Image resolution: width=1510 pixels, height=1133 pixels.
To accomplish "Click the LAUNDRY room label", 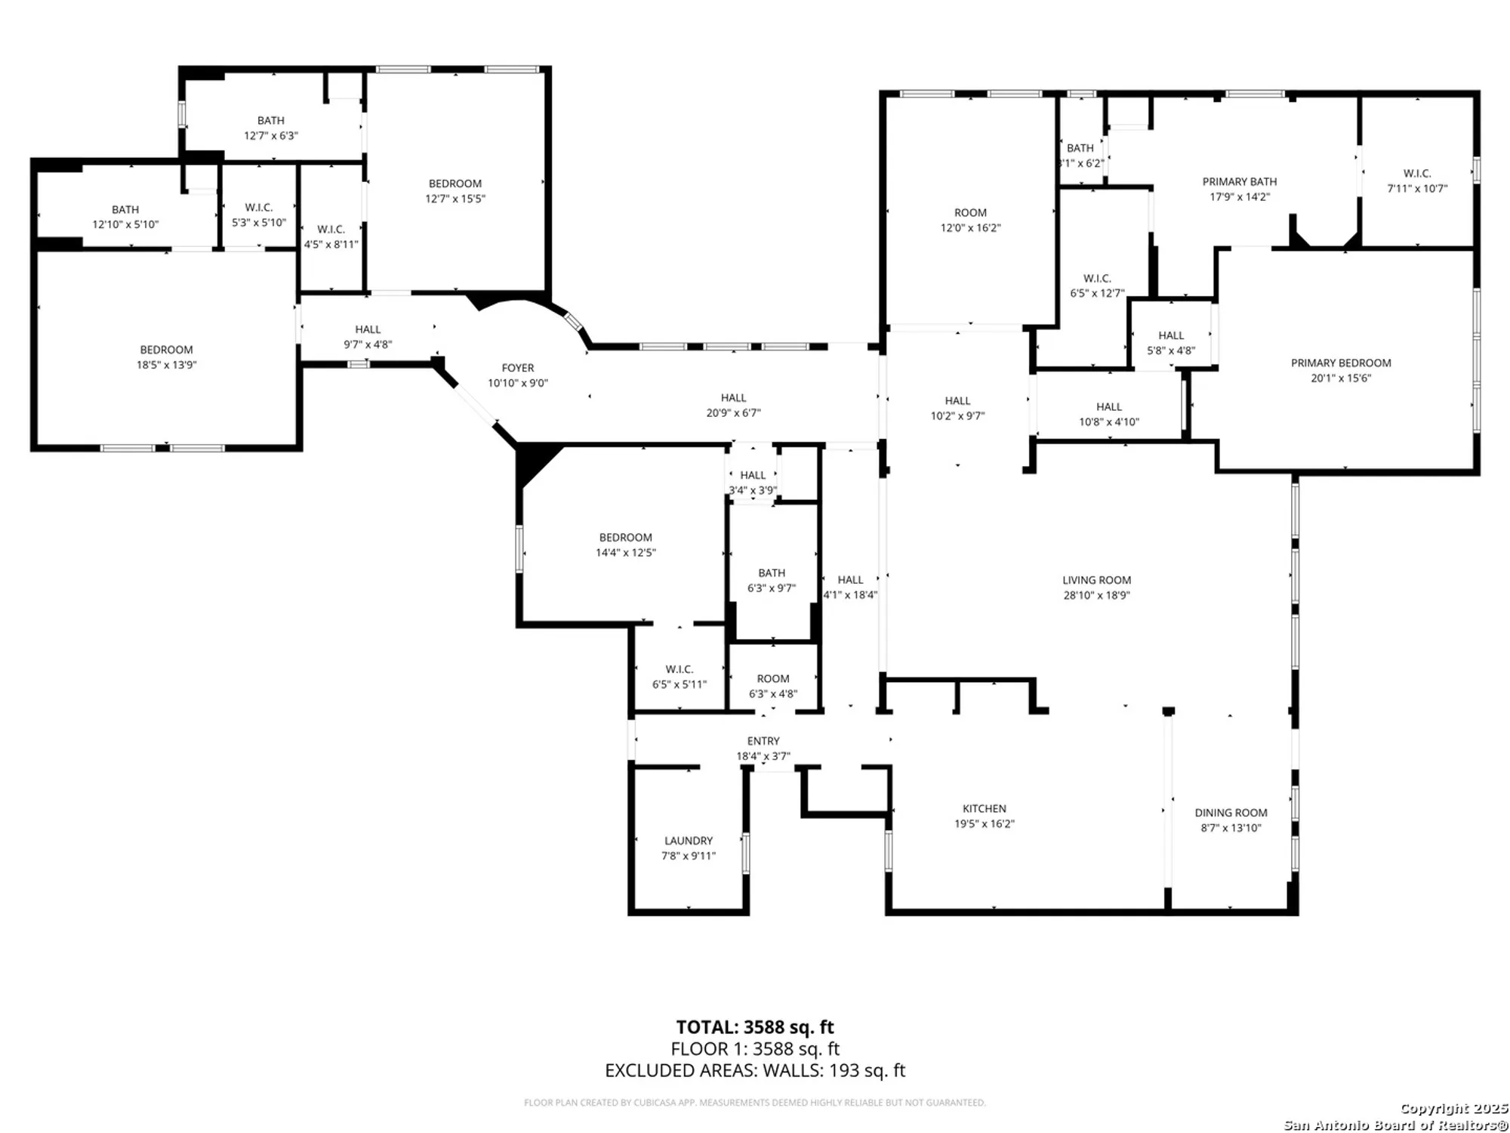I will (688, 841).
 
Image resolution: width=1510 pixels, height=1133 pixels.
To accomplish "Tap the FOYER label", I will (518, 368).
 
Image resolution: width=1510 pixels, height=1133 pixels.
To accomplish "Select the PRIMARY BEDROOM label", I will (1341, 363).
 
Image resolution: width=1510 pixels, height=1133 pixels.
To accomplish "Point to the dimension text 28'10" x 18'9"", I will (1096, 595).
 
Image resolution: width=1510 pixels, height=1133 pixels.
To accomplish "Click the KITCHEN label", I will (984, 808).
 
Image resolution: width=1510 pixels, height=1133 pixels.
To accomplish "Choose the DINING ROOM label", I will (1231, 813).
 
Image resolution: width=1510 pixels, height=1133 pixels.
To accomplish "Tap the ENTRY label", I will (763, 741).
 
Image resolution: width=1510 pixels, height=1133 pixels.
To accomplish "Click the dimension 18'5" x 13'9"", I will (166, 365).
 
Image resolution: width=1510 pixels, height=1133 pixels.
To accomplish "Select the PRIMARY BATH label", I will (1240, 181).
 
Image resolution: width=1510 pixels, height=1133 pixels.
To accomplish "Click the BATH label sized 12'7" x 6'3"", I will (271, 120).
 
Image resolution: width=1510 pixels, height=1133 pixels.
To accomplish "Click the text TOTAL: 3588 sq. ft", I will (755, 1027).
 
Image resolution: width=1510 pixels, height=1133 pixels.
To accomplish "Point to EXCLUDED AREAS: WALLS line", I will (755, 1070).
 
